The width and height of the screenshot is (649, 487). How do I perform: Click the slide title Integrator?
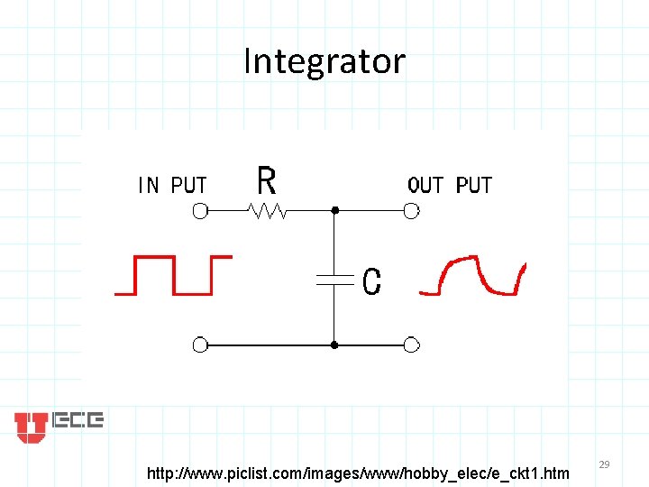324,61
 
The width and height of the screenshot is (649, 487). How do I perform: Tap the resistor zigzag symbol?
268,211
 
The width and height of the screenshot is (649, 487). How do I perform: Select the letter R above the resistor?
266,180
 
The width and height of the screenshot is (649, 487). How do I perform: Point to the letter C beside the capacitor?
370,282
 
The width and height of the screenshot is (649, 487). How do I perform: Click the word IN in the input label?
149,186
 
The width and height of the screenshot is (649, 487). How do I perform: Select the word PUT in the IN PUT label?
188,186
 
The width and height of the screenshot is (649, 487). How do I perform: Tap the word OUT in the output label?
425,186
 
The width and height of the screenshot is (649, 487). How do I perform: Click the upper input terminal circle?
200,211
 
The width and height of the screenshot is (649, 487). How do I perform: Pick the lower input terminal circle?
200,345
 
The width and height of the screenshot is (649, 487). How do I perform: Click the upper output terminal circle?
411,211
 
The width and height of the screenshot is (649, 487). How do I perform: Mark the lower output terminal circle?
411,345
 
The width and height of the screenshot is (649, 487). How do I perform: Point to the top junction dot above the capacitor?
334,211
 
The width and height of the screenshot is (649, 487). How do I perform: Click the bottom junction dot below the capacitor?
334,345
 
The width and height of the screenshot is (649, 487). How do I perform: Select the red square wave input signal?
172,274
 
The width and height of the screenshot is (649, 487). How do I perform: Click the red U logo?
31,427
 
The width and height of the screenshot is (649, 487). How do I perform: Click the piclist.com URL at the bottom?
358,472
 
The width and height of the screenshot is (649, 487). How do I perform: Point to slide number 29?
605,464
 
